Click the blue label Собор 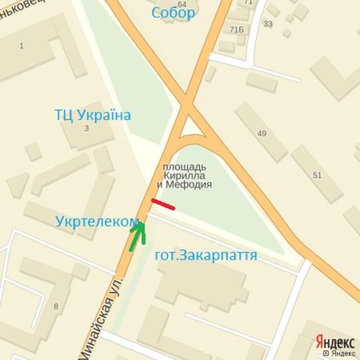[173, 14]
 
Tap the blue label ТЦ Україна [93, 115]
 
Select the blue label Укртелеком [97, 221]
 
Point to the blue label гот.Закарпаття [206, 256]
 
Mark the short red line [163, 204]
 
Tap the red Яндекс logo [335, 342]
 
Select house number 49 [262, 134]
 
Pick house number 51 [317, 175]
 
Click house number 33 [268, 24]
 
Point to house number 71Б [236, 30]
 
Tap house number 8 [56, 306]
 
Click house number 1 [21, 45]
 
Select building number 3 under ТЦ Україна [86, 128]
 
